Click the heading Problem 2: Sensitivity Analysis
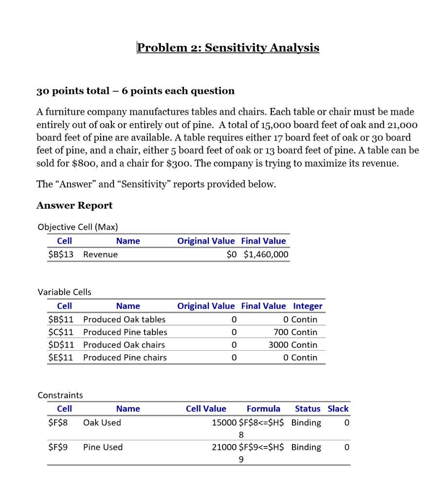click(228, 48)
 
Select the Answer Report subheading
click(74, 205)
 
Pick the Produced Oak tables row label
click(124, 320)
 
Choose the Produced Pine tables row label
click(125, 332)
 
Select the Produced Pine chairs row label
click(125, 357)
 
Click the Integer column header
click(308, 306)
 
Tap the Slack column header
click(338, 409)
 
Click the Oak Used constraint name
click(102, 423)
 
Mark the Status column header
click(308, 409)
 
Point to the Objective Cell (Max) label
click(78, 227)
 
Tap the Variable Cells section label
click(64, 292)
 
